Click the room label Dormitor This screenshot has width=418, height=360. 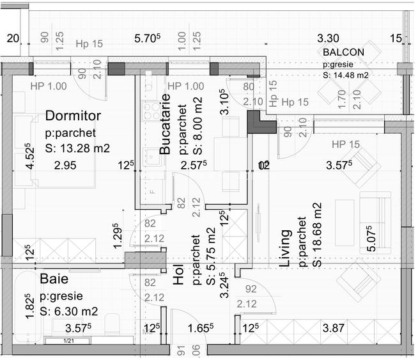point(73,116)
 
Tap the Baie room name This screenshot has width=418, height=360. point(55,279)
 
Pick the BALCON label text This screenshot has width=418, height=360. point(343,52)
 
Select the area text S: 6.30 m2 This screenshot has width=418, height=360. point(68,311)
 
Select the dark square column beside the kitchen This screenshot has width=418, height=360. point(259,121)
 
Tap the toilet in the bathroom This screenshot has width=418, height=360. point(112,324)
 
